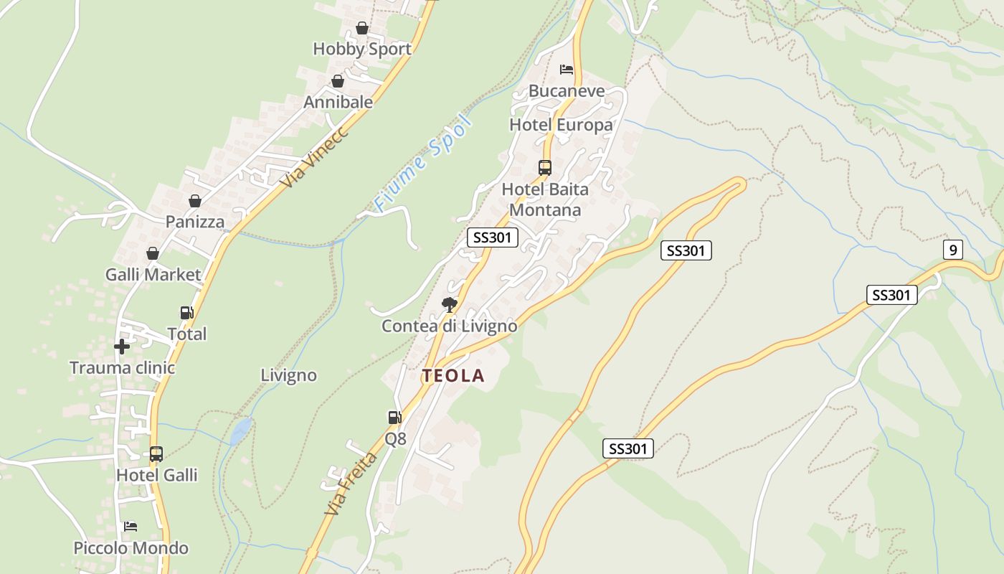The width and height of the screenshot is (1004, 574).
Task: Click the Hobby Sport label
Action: pyautogui.click(x=362, y=49)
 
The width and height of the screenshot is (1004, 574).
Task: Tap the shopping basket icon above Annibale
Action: pyautogui.click(x=338, y=81)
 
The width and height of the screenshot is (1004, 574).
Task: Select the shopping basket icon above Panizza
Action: pyautogui.click(x=195, y=201)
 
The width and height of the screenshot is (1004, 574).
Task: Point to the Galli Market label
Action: pyautogui.click(x=153, y=274)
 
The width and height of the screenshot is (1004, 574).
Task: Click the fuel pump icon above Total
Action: pyautogui.click(x=186, y=313)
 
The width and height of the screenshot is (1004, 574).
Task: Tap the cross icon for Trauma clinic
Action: pyautogui.click(x=122, y=347)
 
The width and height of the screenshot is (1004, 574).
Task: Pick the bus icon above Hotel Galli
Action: pyautogui.click(x=156, y=454)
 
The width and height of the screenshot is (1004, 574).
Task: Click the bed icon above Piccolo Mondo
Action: pyautogui.click(x=131, y=527)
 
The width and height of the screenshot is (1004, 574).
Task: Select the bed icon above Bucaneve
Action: pyautogui.click(x=567, y=70)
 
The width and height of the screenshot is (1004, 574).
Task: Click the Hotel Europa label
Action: pyautogui.click(x=561, y=125)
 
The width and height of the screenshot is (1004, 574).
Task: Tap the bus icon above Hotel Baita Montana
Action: pyautogui.click(x=545, y=168)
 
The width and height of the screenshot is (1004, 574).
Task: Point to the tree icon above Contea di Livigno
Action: pyautogui.click(x=450, y=305)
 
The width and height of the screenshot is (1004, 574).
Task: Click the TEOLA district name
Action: pyautogui.click(x=453, y=375)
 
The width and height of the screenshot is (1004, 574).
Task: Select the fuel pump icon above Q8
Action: pyautogui.click(x=394, y=417)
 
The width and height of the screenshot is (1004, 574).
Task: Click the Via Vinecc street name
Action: pyautogui.click(x=314, y=157)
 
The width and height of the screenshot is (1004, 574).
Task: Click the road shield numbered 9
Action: pyautogui.click(x=952, y=250)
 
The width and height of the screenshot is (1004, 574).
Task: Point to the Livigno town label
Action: pyautogui.click(x=288, y=375)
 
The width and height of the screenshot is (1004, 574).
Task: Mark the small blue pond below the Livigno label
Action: pyautogui.click(x=241, y=430)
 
